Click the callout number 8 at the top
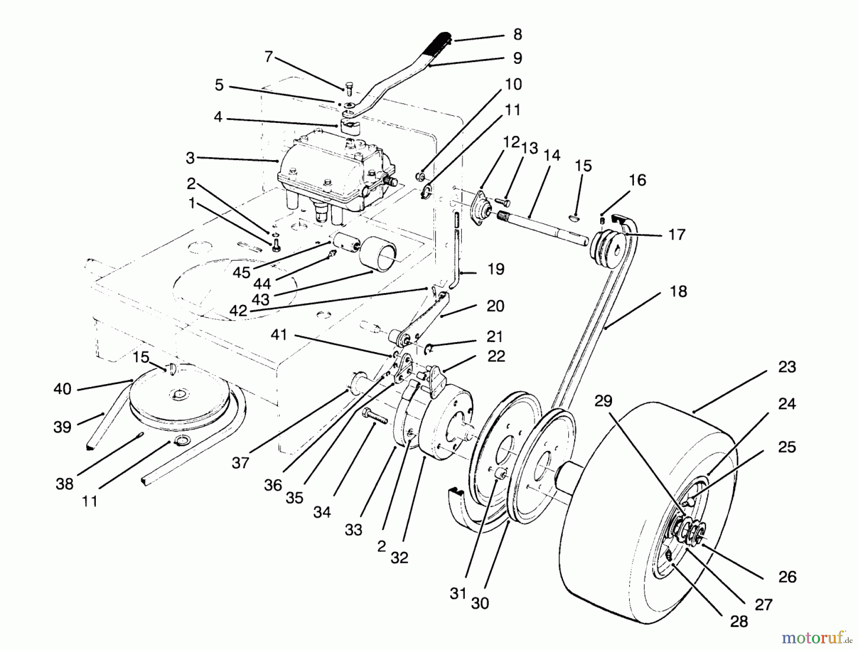pos(518,34)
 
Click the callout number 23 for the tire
pos(787,367)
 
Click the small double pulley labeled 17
pos(608,246)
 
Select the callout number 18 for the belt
pos(678,291)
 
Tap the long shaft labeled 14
pos(543,229)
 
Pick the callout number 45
pos(242,273)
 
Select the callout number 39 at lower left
pos(62,427)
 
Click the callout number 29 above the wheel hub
pos(603,401)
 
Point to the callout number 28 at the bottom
pos(739,621)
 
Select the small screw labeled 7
pos(348,89)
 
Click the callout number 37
pos(240,462)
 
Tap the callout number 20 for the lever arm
pos(495,306)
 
